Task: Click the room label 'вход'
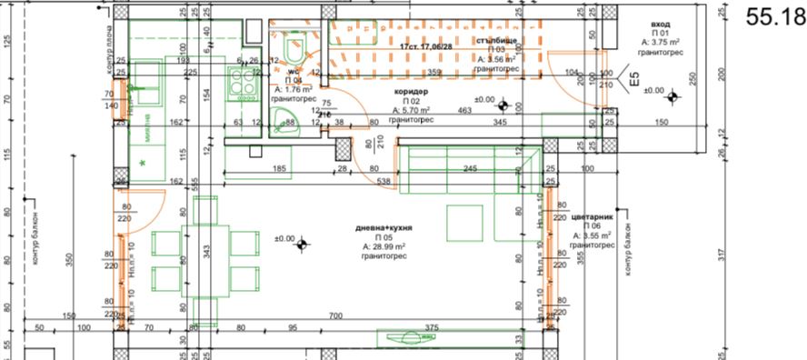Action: pos(661,25)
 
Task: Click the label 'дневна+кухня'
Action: pos(384,229)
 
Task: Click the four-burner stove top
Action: pos(246,85)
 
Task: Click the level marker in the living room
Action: pos(303,240)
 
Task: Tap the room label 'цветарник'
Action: pos(594,218)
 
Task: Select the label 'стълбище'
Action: pos(495,42)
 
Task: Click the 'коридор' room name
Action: pos(411,93)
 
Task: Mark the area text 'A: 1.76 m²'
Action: pos(293,89)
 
